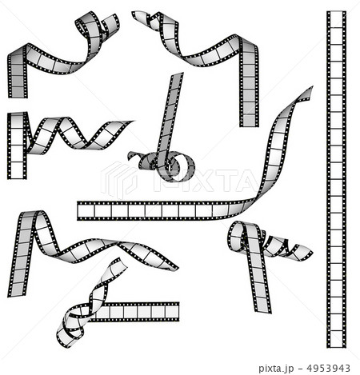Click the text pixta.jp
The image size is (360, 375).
click(276, 369)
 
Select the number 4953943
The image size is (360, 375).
click(328, 369)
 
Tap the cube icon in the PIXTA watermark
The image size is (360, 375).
click(119, 180)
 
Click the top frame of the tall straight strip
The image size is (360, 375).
click(336, 21)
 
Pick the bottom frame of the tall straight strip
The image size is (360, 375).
click(336, 340)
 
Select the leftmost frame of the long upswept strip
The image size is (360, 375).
click(86, 211)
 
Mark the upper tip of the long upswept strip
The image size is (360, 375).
click(311, 88)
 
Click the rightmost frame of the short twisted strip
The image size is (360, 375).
click(171, 312)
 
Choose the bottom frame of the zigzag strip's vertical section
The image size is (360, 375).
click(17, 170)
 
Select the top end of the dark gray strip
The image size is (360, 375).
click(177, 75)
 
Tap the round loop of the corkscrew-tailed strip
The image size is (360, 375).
click(238, 237)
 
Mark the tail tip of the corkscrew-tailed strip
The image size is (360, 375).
click(310, 253)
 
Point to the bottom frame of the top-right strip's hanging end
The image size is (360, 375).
click(249, 121)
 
